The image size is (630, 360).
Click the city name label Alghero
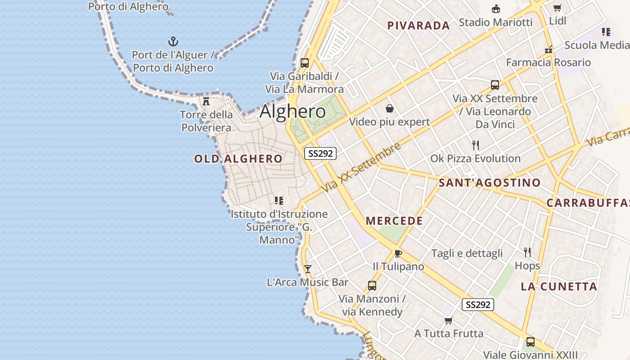tap(292, 112)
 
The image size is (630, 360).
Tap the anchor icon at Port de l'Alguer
tap(173, 42)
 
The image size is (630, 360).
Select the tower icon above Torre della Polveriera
tap(206, 101)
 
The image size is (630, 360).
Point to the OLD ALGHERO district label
tap(238, 159)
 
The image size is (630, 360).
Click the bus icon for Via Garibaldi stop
tap(305, 63)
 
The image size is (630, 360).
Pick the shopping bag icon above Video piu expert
tap(389, 108)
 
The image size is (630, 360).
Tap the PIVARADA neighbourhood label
tap(418, 26)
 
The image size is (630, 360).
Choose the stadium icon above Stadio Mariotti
tap(496, 9)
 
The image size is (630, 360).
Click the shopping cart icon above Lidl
tap(558, 7)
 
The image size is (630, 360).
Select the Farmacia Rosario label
tap(548, 63)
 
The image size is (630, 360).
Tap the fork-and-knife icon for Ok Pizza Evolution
tap(475, 145)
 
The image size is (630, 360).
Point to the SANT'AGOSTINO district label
tap(490, 183)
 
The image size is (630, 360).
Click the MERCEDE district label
tap(394, 221)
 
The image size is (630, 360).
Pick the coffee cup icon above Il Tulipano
tap(398, 253)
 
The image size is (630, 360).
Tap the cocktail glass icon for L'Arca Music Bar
tap(307, 269)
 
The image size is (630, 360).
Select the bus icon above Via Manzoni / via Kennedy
tap(372, 285)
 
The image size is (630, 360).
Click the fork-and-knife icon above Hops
tap(527, 252)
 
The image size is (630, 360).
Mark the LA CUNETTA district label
tap(559, 287)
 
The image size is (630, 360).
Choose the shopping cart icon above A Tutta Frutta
tap(448, 320)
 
